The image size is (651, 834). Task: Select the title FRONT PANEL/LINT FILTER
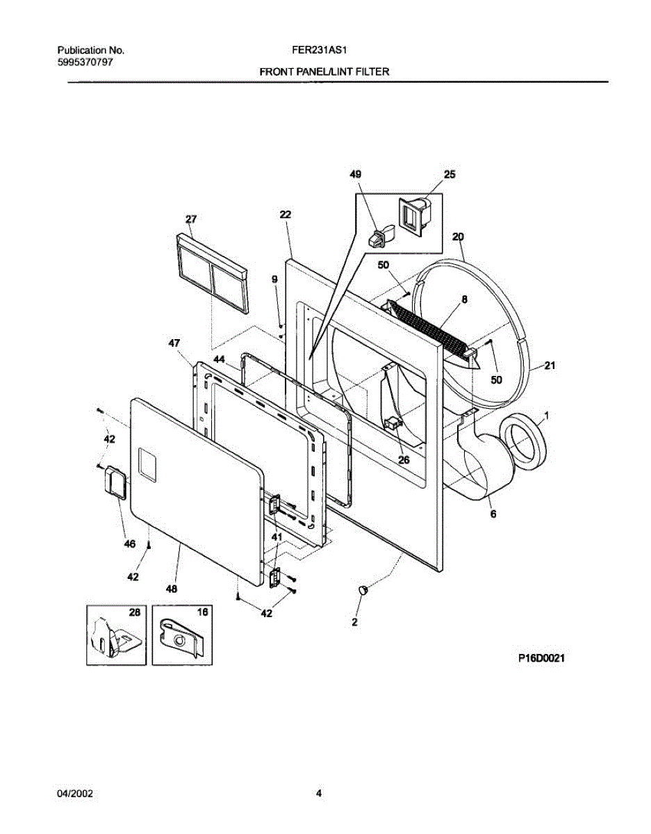point(324,72)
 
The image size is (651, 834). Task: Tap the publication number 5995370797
point(85,62)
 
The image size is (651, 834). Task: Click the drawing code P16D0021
point(540,660)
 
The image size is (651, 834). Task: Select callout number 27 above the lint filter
point(190,219)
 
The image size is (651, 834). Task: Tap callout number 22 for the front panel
point(285,215)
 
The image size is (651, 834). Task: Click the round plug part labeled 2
point(363,590)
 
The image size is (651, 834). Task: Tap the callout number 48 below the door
point(171,589)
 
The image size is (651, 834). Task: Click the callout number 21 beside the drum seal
point(550,366)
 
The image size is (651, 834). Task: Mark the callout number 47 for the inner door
point(174,343)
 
